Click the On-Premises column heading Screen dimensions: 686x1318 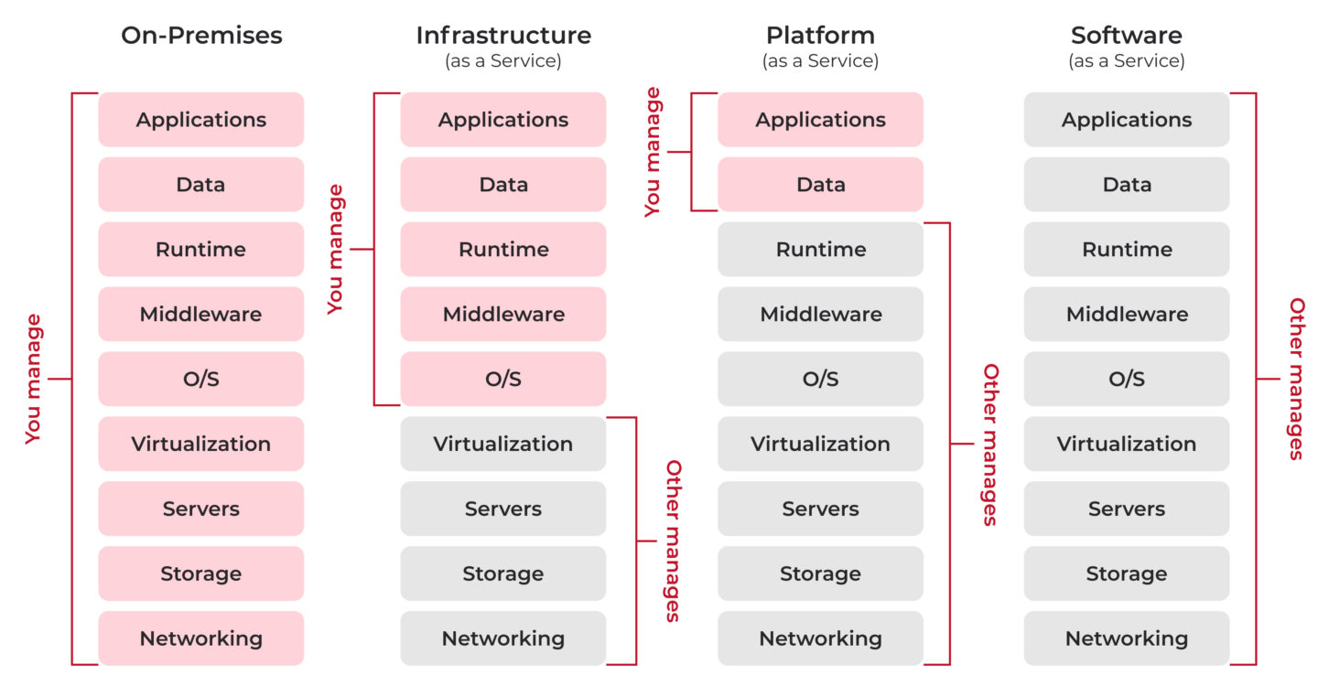201,36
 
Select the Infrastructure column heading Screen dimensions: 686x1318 503,36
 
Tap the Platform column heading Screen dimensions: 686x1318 820,36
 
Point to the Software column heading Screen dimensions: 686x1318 1126,36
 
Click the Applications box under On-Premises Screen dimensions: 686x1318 201,120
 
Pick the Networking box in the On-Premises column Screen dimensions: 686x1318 201,638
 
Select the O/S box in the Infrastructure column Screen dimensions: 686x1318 503,379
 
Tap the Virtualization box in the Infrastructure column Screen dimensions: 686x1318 503,444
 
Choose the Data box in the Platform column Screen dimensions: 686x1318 820,185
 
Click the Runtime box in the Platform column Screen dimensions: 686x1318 820,249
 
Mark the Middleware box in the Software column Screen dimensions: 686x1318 1126,314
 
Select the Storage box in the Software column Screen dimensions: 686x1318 1126,573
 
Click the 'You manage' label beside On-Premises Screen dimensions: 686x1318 34,379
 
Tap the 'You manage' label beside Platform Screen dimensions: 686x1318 653,152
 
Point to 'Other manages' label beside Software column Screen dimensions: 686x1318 1296,379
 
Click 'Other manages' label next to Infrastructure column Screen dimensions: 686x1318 673,541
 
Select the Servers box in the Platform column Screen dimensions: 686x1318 820,509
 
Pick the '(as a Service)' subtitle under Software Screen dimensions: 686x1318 1126,61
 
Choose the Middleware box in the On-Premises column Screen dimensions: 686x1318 201,314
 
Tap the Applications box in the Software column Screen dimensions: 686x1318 1126,120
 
